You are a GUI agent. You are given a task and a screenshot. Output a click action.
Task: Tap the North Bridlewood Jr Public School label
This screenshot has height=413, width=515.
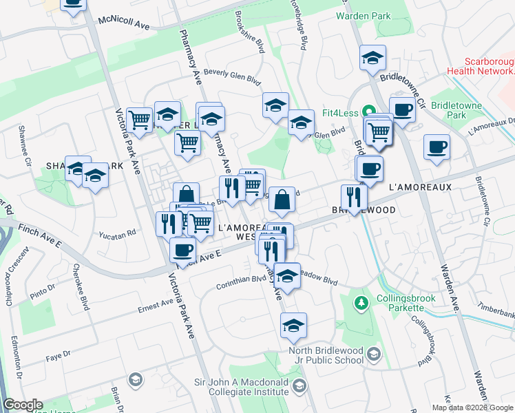pyautogui.click(x=325, y=354)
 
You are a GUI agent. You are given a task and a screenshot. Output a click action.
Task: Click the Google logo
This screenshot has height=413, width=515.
pyautogui.click(x=23, y=405)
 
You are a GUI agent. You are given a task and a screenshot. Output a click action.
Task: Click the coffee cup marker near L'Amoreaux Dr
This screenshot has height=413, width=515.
pyautogui.click(x=436, y=147)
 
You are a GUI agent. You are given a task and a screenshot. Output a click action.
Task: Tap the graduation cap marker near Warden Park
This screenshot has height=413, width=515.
pyautogui.click(x=372, y=58)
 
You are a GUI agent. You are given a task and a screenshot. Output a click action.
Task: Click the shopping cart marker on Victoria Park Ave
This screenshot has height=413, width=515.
pyautogui.click(x=140, y=119)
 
